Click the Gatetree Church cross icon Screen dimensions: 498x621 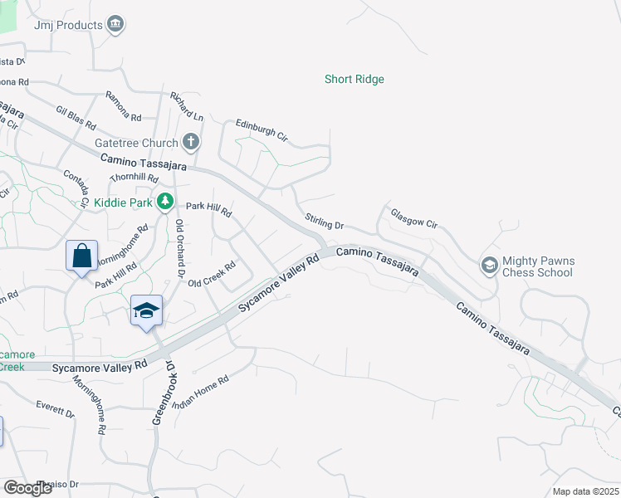coord(191,142)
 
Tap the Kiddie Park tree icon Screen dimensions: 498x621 coord(165,202)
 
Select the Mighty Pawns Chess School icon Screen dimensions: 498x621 coord(490,266)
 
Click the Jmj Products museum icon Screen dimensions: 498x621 coord(116,24)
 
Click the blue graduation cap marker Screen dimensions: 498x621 coord(146,311)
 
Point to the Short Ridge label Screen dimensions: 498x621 coord(354,80)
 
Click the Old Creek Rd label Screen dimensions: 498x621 coord(213,275)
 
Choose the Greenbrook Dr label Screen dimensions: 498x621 coord(162,393)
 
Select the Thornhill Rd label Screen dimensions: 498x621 coord(134,178)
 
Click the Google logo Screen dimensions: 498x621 coord(28,487)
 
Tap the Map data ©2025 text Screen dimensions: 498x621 coord(585,491)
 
